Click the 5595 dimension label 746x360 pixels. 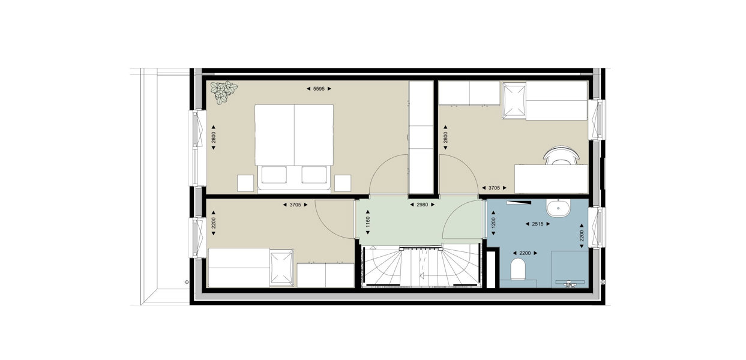pyautogui.click(x=319, y=89)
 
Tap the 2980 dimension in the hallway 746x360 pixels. pyautogui.click(x=422, y=205)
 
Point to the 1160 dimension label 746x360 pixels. pyautogui.click(x=368, y=222)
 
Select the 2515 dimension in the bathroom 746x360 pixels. pyautogui.click(x=538, y=224)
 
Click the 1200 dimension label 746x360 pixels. pyautogui.click(x=493, y=223)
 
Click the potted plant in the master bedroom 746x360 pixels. pyautogui.click(x=224, y=92)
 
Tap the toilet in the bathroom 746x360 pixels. pyautogui.click(x=517, y=269)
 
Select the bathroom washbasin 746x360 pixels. pyautogui.click(x=558, y=208)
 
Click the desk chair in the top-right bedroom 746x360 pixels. pyautogui.click(x=561, y=155)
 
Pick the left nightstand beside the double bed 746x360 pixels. pyautogui.click(x=245, y=183)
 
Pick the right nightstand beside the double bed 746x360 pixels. pyautogui.click(x=343, y=183)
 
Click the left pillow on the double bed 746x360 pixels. pyautogui.click(x=274, y=175)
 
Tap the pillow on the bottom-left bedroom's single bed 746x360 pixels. pyautogui.click(x=281, y=268)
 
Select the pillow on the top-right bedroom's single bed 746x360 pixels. pyautogui.click(x=514, y=101)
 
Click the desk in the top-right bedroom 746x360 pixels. pyautogui.click(x=551, y=179)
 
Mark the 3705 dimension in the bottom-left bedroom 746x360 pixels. pyautogui.click(x=295, y=205)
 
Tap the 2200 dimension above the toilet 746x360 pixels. pyautogui.click(x=525, y=253)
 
